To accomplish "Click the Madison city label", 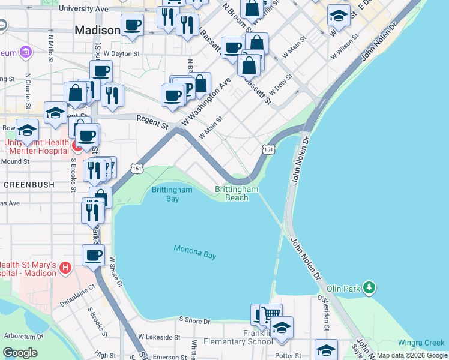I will pyautogui.click(x=97, y=30).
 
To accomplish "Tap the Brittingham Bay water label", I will pyautogui.click(x=172, y=194).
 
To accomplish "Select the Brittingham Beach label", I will pyautogui.click(x=237, y=193).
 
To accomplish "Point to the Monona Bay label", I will pyautogui.click(x=194, y=252).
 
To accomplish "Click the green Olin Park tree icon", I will pyautogui.click(x=371, y=289).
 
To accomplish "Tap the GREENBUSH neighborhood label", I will pyautogui.click(x=21, y=185).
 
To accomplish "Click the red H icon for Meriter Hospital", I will pyautogui.click(x=77, y=146).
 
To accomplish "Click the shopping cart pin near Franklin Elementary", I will pyautogui.click(x=271, y=314).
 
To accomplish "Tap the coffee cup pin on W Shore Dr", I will pyautogui.click(x=93, y=254).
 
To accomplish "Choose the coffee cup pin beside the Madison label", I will pyautogui.click(x=132, y=25).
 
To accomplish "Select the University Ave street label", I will pyautogui.click(x=84, y=9).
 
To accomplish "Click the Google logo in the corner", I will pyautogui.click(x=20, y=352).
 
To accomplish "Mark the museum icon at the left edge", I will pyautogui.click(x=26, y=53).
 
